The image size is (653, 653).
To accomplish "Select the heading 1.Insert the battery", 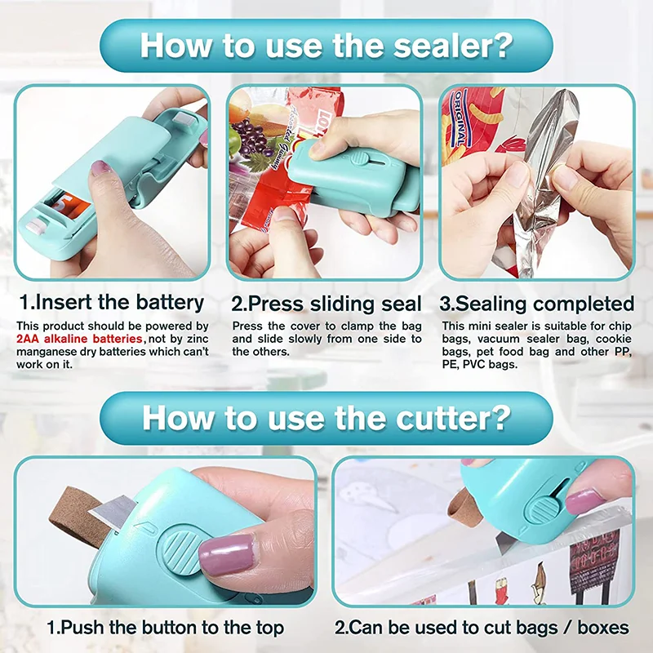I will tap(112, 304).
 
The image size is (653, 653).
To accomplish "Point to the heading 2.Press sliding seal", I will tap(326, 304).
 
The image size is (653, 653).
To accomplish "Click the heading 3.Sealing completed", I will tap(536, 304).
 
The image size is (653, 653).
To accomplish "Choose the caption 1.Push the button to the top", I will tap(165, 628).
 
